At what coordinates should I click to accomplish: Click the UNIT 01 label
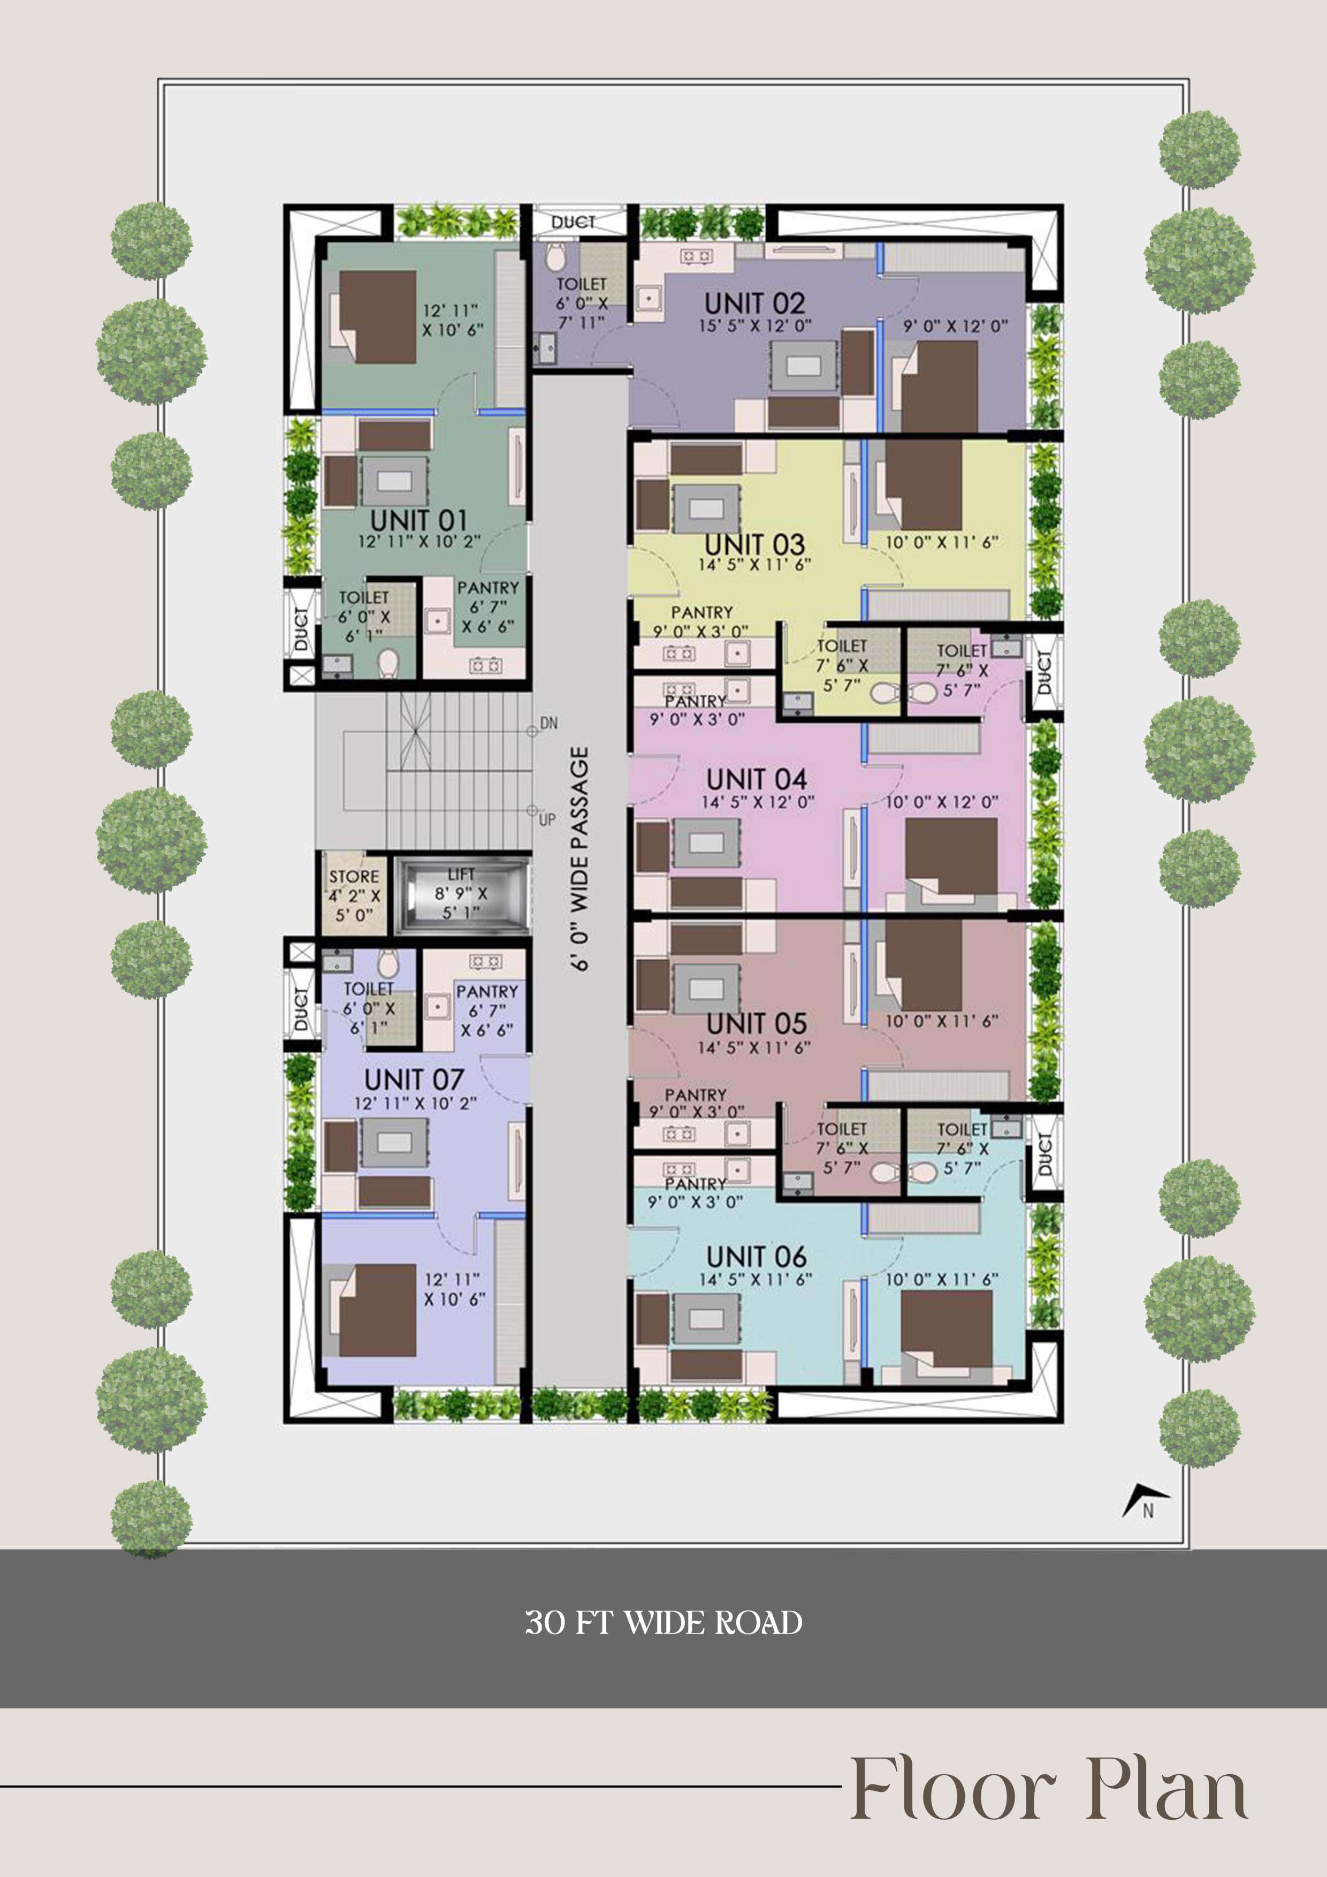click(418, 520)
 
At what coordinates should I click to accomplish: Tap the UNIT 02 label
click(755, 303)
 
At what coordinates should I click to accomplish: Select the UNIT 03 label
click(755, 544)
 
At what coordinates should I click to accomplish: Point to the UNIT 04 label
click(757, 779)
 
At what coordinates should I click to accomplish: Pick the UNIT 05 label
click(757, 1023)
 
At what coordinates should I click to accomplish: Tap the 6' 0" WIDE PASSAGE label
click(579, 858)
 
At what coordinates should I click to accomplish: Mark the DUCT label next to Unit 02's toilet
click(573, 222)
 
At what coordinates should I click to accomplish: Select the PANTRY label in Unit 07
click(487, 992)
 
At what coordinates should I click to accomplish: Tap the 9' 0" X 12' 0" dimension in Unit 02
click(955, 326)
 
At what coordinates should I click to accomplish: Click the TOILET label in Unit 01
click(364, 598)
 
